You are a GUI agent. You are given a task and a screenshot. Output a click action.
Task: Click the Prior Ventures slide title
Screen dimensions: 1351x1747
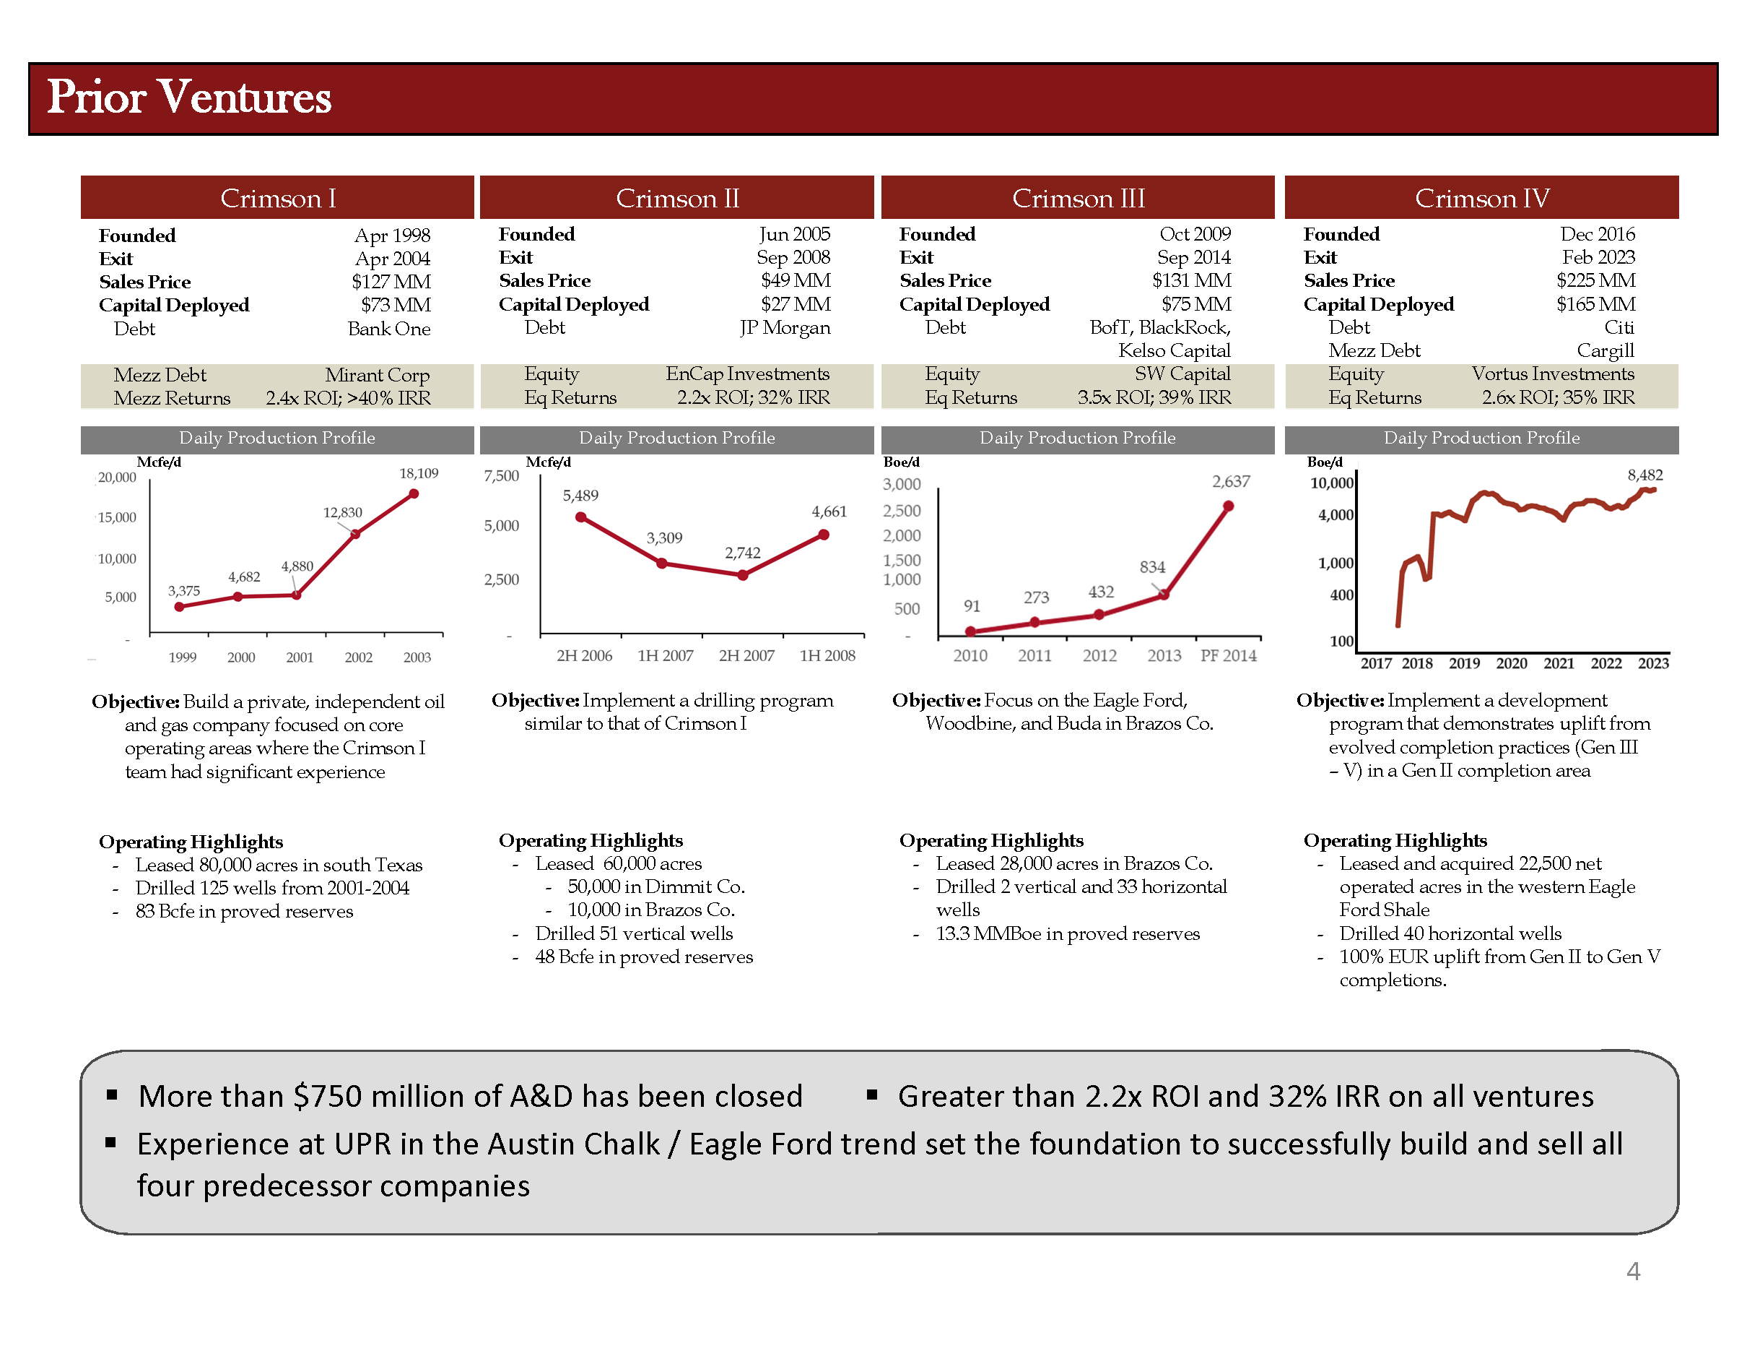[189, 98]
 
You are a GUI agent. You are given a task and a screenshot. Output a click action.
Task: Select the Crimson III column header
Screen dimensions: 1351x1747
[1078, 198]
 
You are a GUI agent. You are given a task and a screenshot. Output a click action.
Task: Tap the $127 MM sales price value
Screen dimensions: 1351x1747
[391, 282]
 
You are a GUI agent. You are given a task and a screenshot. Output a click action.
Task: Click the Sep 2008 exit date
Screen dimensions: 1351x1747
[793, 257]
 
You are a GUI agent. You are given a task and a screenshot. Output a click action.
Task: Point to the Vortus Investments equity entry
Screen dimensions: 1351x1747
[1553, 374]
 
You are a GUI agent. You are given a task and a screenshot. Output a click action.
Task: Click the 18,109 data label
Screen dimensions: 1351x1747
[419, 473]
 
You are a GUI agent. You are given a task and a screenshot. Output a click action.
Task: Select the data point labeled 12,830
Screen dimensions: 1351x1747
[355, 534]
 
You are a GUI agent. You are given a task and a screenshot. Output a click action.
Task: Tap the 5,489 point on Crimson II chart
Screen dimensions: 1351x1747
[580, 517]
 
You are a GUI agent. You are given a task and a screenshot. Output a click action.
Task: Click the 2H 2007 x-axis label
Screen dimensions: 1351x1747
[746, 655]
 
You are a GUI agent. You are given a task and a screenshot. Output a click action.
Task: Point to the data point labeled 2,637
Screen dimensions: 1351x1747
[1228, 506]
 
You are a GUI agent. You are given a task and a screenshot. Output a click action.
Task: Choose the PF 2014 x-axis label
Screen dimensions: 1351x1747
[1228, 655]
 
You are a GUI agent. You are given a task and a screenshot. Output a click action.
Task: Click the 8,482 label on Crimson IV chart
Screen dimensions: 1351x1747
[1644, 475]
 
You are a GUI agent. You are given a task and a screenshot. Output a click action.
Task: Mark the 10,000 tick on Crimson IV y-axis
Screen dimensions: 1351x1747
[1331, 483]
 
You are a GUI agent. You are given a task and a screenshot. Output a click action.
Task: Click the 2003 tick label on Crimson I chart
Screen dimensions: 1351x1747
[417, 657]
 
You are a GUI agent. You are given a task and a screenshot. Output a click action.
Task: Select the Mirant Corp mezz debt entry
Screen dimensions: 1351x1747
[377, 374]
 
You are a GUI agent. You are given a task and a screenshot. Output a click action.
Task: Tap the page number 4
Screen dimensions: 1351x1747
[1633, 1270]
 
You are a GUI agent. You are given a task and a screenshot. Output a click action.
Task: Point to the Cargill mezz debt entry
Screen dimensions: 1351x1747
[1605, 350]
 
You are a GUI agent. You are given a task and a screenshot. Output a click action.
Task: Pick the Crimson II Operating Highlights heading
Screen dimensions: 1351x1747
[591, 839]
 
